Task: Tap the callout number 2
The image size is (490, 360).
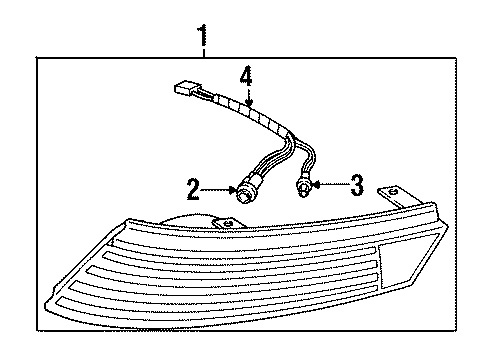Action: click(x=191, y=187)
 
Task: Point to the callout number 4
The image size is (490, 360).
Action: click(x=246, y=75)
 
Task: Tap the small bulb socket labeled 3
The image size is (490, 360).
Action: click(x=307, y=185)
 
